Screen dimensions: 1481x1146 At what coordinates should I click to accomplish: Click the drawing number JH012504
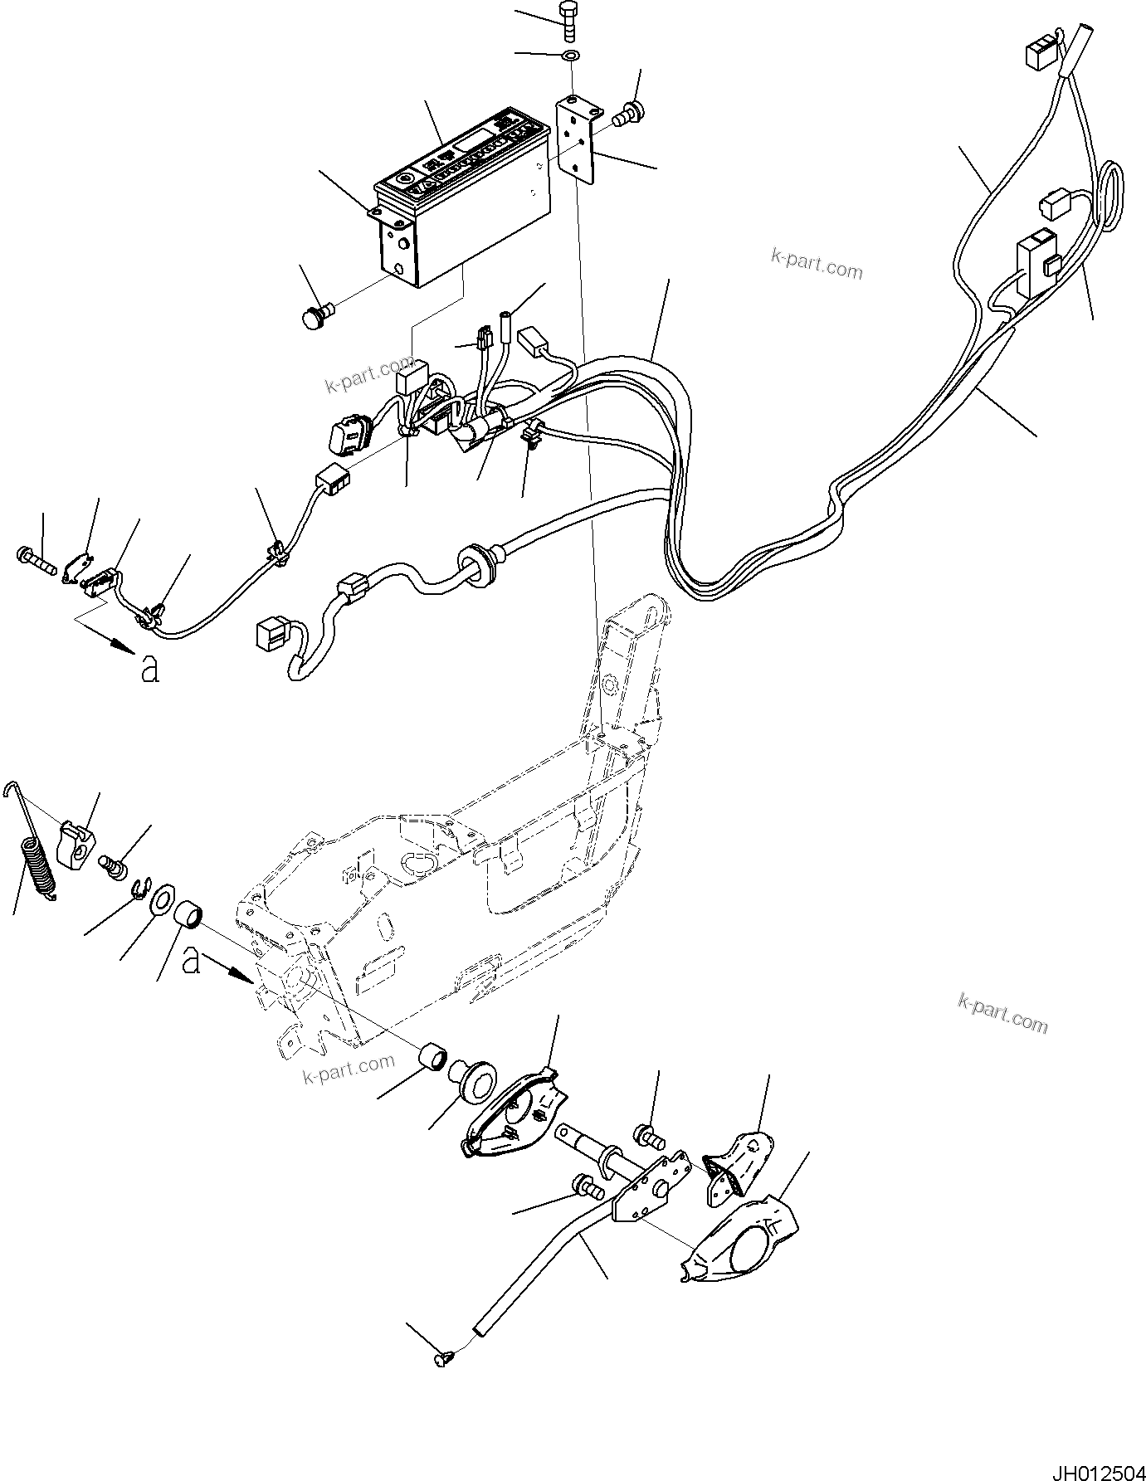coord(1091,1465)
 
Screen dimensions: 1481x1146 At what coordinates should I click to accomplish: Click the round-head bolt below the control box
coord(315,317)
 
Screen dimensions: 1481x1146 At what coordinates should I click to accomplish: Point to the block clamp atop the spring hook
coord(76,843)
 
